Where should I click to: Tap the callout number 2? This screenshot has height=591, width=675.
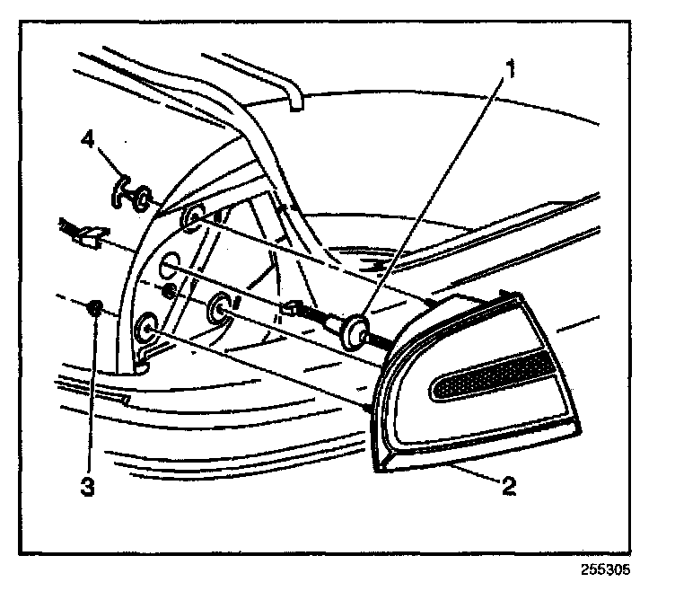508,487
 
